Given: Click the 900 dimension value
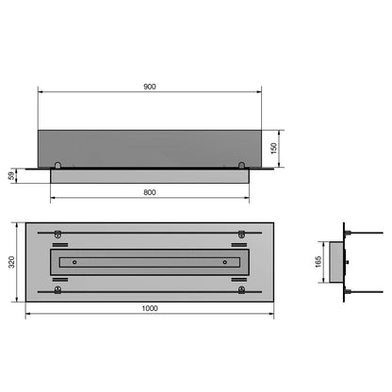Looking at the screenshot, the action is click(x=150, y=87).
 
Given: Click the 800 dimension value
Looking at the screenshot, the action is click(x=150, y=192).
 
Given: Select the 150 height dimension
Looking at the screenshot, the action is click(x=274, y=148).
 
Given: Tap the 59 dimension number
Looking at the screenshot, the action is click(x=11, y=175).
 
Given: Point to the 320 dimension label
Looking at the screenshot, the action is click(x=11, y=262).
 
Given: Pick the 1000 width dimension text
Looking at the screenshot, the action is click(x=150, y=308).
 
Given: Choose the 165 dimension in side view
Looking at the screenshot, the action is click(x=318, y=262).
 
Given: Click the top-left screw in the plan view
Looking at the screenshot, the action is click(x=57, y=234).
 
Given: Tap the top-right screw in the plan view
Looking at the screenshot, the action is click(x=241, y=234).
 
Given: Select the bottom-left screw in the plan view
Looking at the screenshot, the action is click(x=57, y=290).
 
